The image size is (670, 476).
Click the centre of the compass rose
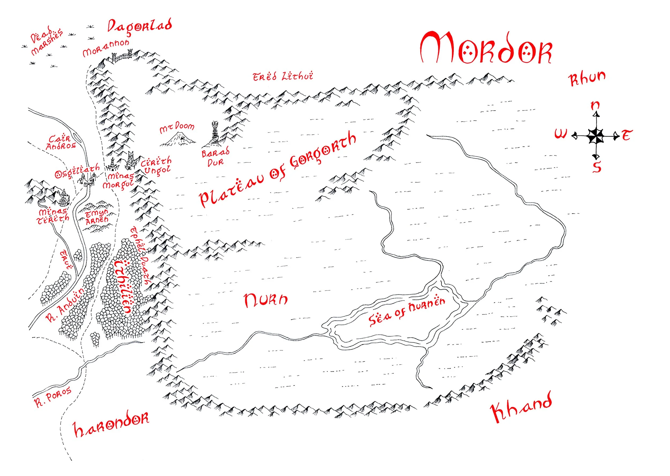(x=595, y=136)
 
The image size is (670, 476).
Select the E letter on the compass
(x=626, y=135)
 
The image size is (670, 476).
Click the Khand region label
(x=521, y=407)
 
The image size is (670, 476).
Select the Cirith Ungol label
(x=156, y=166)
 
